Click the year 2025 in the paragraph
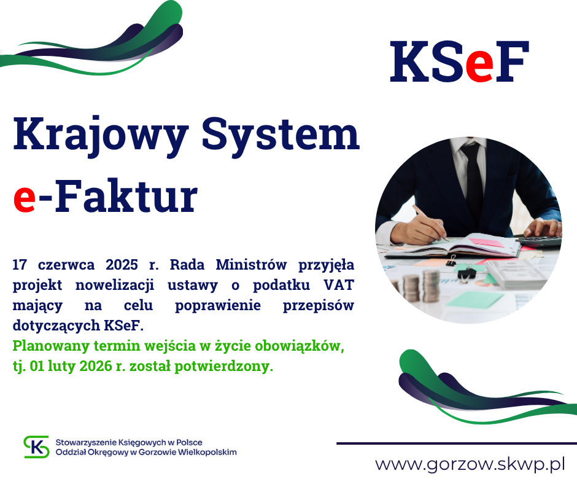[122, 265]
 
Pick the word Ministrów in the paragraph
[251, 265]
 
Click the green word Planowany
[51, 346]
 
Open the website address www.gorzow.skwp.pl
[470, 464]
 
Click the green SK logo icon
[36, 447]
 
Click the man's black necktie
[474, 177]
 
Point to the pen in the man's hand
[430, 223]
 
